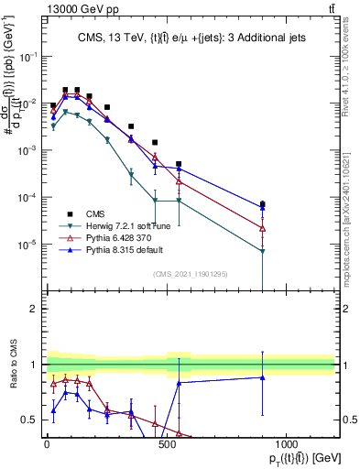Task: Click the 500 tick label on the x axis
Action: [167, 445]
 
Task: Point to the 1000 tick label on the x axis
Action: [287, 445]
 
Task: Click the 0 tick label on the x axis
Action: [47, 445]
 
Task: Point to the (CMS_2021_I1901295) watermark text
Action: [190, 274]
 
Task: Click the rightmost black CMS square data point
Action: [263, 204]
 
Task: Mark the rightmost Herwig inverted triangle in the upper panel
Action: [263, 251]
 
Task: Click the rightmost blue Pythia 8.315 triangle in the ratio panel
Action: [263, 377]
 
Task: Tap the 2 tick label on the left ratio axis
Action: [35, 309]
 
